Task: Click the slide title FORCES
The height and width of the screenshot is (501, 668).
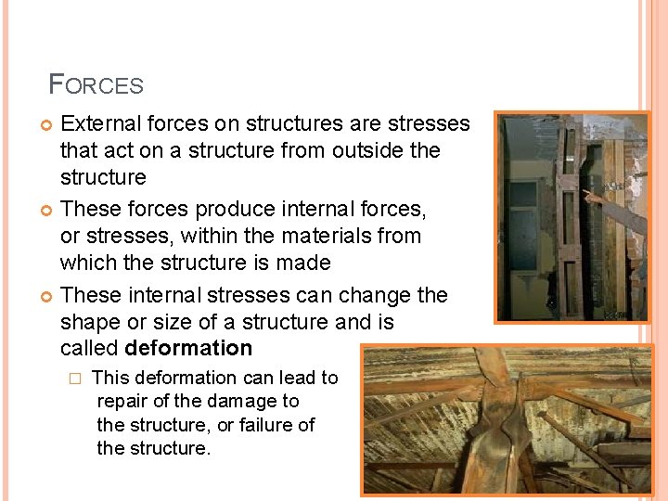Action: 96,85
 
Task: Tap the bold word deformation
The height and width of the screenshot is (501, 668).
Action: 188,349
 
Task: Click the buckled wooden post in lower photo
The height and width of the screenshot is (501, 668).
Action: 499,427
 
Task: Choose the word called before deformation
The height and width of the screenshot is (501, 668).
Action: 89,349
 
